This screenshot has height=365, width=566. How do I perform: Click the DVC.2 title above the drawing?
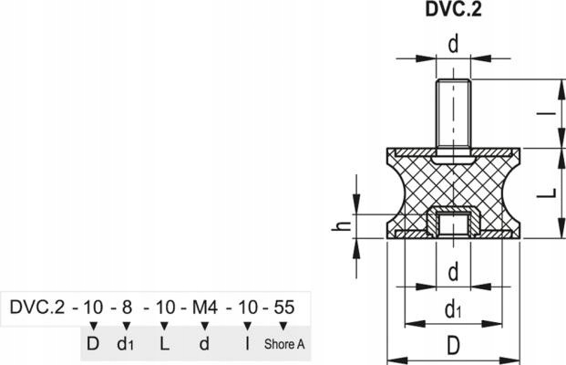pyautogui.click(x=453, y=12)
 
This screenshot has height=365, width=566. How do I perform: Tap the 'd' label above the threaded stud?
pyautogui.click(x=453, y=43)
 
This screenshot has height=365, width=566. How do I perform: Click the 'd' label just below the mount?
pyautogui.click(x=453, y=271)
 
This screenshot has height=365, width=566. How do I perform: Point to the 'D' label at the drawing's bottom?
pyautogui.click(x=453, y=347)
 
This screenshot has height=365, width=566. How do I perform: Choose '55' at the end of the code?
pyautogui.click(x=283, y=307)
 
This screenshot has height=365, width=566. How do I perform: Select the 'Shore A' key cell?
pyautogui.click(x=284, y=345)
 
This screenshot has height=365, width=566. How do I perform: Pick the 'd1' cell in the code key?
pyautogui.click(x=128, y=345)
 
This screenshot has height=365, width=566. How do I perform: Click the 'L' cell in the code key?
pyautogui.click(x=165, y=345)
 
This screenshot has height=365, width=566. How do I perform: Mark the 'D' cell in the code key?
pyautogui.click(x=93, y=345)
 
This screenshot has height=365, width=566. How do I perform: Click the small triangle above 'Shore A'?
pyautogui.click(x=283, y=326)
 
